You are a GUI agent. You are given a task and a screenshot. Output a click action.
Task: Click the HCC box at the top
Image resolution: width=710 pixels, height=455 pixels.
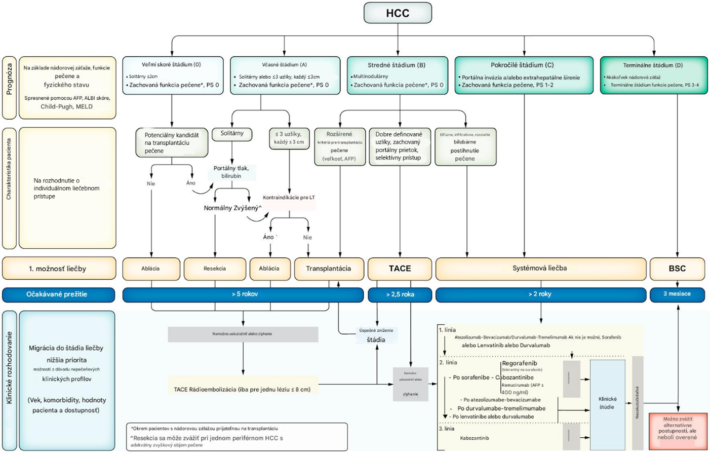point(398,13)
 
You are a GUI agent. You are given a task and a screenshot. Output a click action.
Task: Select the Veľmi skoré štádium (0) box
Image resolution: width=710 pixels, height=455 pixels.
point(172,75)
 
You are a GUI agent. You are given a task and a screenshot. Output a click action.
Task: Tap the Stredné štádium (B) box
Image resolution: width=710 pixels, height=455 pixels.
point(397,75)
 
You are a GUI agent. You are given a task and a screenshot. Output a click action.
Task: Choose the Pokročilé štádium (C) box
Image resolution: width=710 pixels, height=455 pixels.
point(524,75)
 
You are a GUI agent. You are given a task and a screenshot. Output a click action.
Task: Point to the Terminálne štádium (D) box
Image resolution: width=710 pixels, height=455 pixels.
point(653,75)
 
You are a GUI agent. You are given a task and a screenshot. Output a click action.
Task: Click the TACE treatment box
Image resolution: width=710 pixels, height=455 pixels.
point(400,269)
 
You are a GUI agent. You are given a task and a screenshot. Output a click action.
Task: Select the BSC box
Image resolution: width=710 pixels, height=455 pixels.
point(677,269)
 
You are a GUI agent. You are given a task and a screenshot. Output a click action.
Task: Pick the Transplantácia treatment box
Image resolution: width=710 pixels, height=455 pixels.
point(329,269)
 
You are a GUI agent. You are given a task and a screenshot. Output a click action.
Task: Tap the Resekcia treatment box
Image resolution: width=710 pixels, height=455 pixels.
point(215,269)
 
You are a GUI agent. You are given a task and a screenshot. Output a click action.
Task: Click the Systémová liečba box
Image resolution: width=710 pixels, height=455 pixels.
point(540,269)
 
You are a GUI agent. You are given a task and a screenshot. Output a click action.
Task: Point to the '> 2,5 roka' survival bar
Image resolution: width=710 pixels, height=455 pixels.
point(400,294)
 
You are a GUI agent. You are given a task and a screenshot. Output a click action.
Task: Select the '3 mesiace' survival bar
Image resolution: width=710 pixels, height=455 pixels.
point(677,294)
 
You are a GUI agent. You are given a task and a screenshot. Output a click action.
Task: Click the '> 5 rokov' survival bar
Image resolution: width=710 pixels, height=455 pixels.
point(243,294)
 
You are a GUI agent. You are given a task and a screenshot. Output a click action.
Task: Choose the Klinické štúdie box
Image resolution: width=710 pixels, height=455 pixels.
point(607,403)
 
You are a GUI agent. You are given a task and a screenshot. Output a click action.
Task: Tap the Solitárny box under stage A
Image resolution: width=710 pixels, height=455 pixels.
point(232,134)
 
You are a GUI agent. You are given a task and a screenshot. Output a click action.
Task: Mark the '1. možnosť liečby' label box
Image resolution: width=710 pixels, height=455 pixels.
point(59,269)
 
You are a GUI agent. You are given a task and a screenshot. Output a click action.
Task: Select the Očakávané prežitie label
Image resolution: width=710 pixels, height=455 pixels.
point(58,294)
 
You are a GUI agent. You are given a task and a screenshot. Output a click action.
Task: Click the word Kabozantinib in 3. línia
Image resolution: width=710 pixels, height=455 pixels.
point(475,438)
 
